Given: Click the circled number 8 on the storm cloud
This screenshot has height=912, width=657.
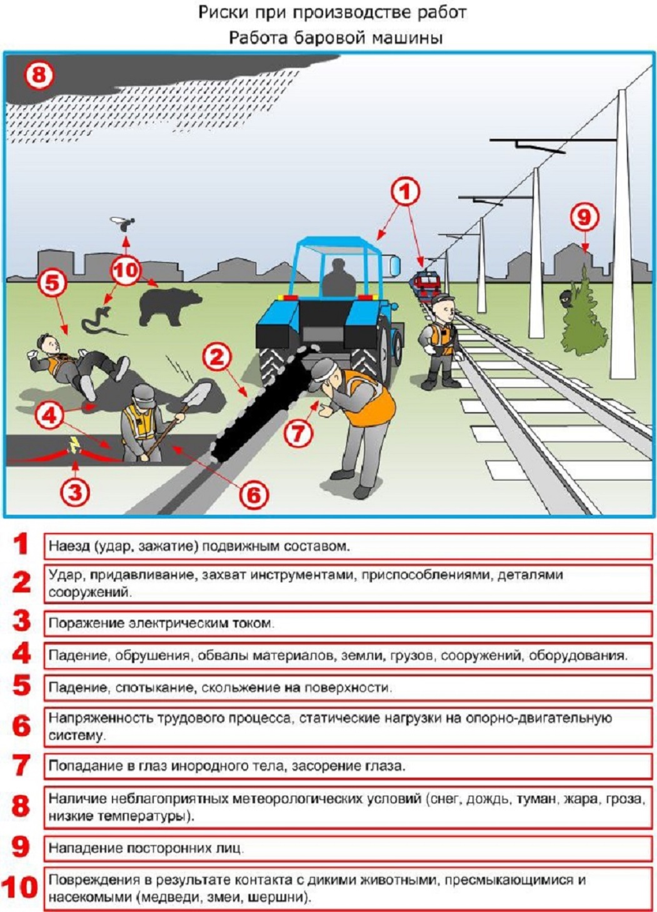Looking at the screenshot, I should [x=39, y=75].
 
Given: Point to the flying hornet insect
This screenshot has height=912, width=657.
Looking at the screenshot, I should [x=123, y=223].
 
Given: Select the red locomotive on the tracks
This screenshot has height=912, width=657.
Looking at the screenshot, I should [x=426, y=284].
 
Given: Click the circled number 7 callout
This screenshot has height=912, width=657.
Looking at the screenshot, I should [x=298, y=432].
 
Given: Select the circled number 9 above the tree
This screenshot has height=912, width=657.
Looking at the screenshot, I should [x=584, y=217].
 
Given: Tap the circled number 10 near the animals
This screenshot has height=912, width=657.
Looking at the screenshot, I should [x=126, y=271].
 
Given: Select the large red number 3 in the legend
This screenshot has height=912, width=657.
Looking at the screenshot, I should [x=22, y=621].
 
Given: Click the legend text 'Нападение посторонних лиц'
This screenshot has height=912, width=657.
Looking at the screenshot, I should [x=145, y=848].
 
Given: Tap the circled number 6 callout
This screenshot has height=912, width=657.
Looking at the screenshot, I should [x=254, y=495].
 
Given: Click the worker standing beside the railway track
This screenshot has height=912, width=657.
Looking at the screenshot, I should [x=441, y=341].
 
